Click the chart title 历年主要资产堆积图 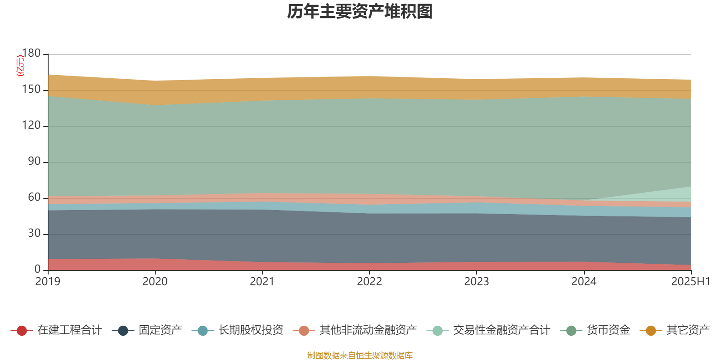360,12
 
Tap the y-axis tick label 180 31,53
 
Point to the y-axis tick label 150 31,90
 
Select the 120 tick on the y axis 31,126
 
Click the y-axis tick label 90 34,162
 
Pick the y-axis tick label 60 34,198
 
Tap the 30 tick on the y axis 34,234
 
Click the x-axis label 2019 48,282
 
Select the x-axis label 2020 155,282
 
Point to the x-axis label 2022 369,282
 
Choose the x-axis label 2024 584,282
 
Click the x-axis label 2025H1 690,282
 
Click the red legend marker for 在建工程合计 22,331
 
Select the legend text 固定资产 160,330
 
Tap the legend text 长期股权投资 251,330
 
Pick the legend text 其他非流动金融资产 368,330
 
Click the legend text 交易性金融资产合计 501,330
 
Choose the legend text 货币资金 608,330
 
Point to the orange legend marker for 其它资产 651,331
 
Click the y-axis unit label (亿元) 20,66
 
